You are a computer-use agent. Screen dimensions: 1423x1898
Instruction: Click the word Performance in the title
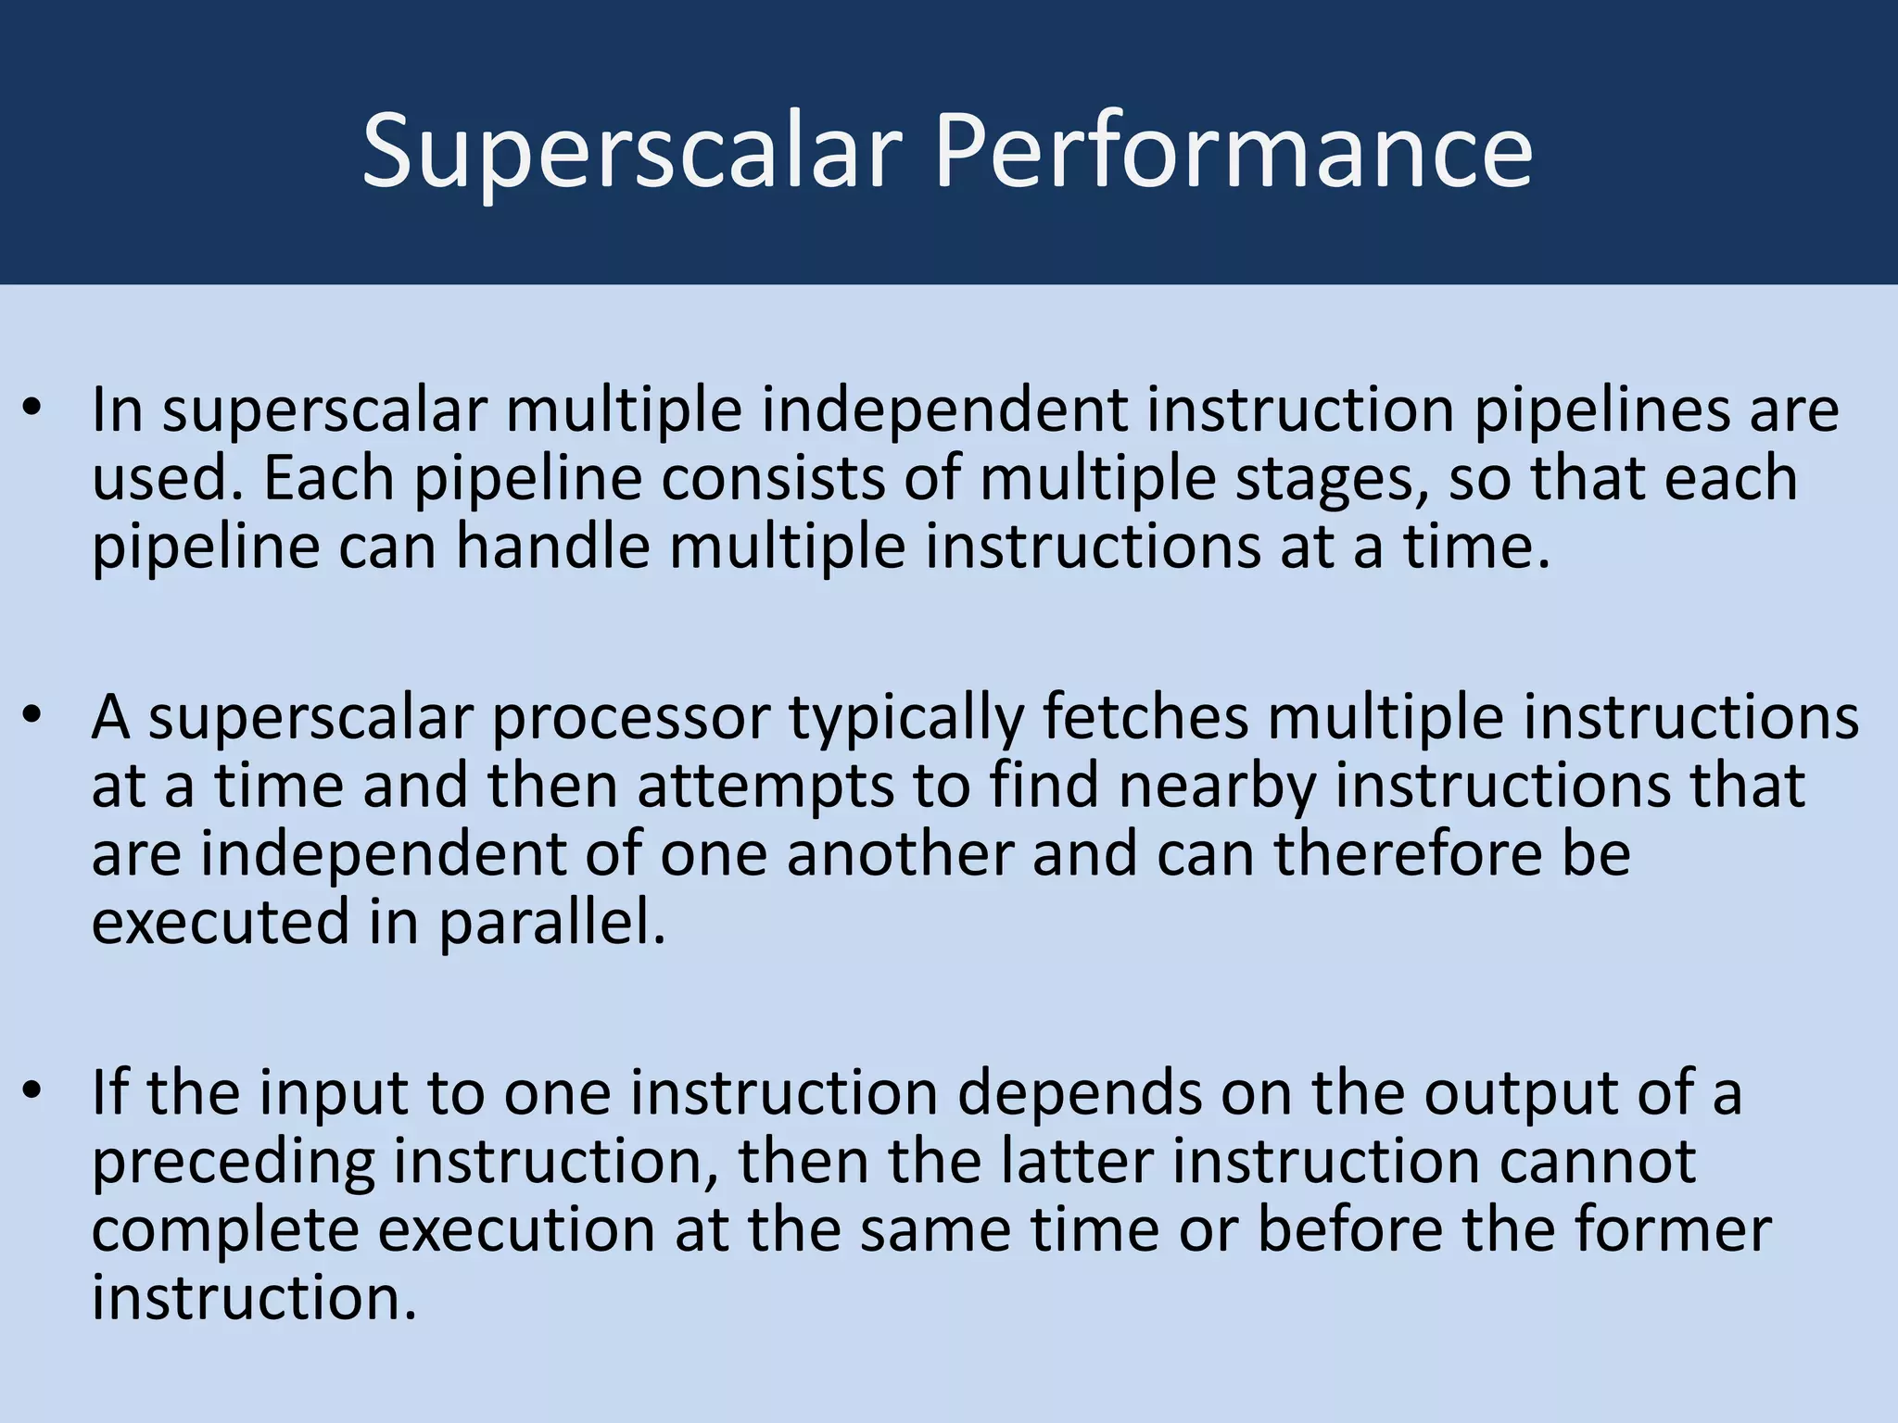point(1233,151)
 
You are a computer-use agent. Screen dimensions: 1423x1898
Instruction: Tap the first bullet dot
point(33,409)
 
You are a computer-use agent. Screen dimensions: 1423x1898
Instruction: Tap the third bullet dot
point(33,1092)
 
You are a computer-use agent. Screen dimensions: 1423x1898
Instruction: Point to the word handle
point(553,547)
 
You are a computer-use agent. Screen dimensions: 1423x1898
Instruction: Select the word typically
point(906,719)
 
